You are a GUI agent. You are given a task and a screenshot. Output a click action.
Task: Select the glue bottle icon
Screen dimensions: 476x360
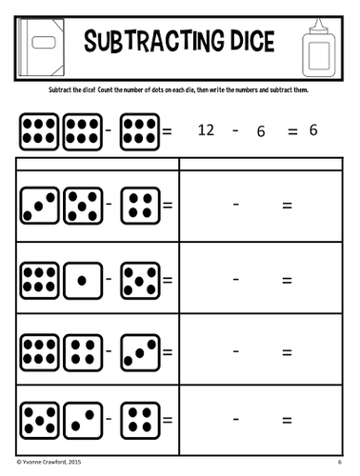click(317, 44)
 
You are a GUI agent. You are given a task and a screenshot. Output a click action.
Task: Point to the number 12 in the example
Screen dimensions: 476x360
click(206, 130)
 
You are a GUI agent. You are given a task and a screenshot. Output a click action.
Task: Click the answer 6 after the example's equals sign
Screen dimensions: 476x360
click(312, 130)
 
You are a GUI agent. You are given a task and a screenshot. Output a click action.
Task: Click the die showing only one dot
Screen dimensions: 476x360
click(82, 281)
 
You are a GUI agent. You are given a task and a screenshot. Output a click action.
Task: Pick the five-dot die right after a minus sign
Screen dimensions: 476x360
click(139, 281)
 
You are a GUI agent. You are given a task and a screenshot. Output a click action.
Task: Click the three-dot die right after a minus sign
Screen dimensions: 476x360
click(139, 351)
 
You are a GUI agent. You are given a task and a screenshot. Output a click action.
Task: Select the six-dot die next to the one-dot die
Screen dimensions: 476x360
click(38, 281)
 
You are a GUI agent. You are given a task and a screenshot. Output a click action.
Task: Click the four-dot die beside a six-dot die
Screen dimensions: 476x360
click(82, 351)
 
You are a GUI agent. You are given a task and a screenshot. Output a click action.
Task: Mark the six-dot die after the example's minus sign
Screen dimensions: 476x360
click(139, 131)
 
